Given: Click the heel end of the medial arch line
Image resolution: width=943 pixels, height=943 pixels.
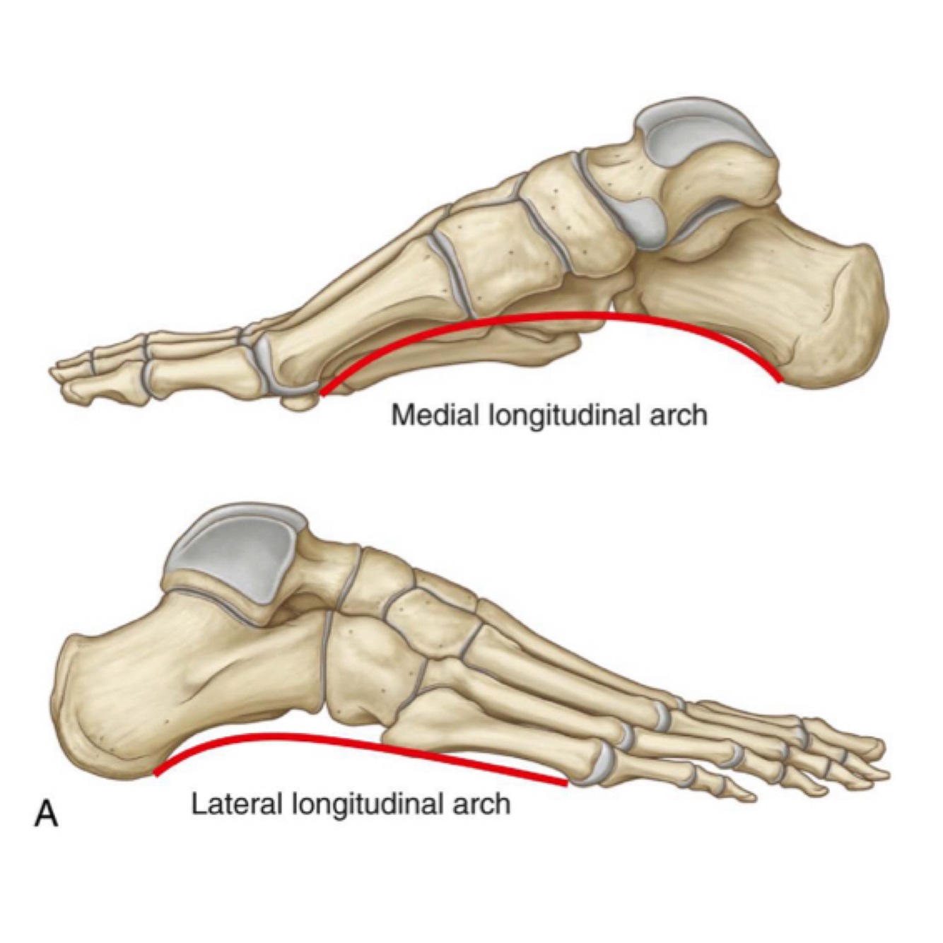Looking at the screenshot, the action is point(780,380).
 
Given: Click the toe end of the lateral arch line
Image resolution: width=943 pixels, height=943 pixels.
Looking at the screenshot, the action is point(566,783).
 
